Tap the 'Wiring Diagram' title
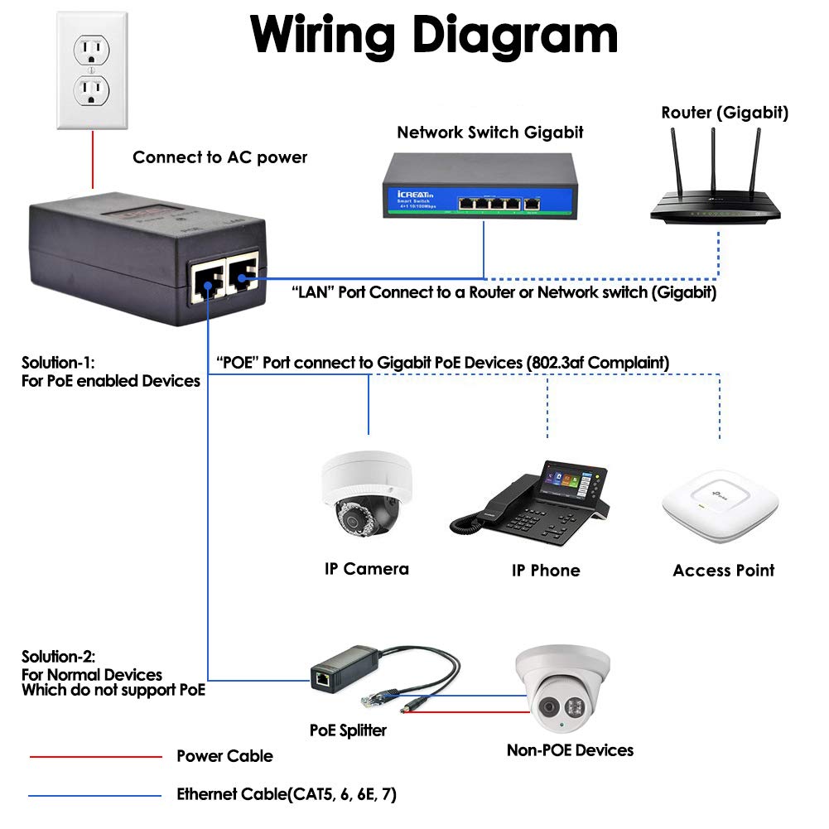[434, 35]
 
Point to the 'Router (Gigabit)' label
[724, 113]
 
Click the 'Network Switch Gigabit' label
[490, 133]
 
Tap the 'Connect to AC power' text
[219, 157]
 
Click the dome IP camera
[365, 497]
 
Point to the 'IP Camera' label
[366, 569]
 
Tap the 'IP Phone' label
[545, 571]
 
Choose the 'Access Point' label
[723, 571]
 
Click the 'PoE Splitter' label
[348, 730]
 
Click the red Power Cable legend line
[95, 756]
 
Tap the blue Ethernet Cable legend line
[95, 796]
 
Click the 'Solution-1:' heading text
[59, 363]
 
